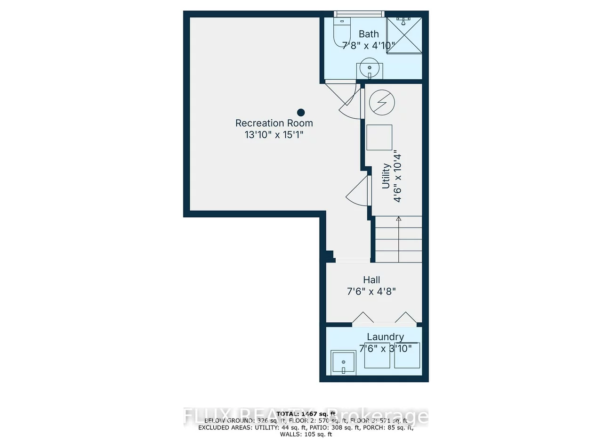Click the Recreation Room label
(274, 123)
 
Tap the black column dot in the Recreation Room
(301, 112)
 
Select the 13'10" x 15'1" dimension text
(274, 135)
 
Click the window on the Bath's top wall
(359, 14)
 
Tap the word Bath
(369, 34)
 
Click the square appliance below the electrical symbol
(379, 137)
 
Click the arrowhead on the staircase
(399, 219)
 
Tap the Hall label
(371, 280)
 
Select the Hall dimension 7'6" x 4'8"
(371, 292)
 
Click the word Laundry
(385, 337)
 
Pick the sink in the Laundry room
(343, 362)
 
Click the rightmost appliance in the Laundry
(407, 356)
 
